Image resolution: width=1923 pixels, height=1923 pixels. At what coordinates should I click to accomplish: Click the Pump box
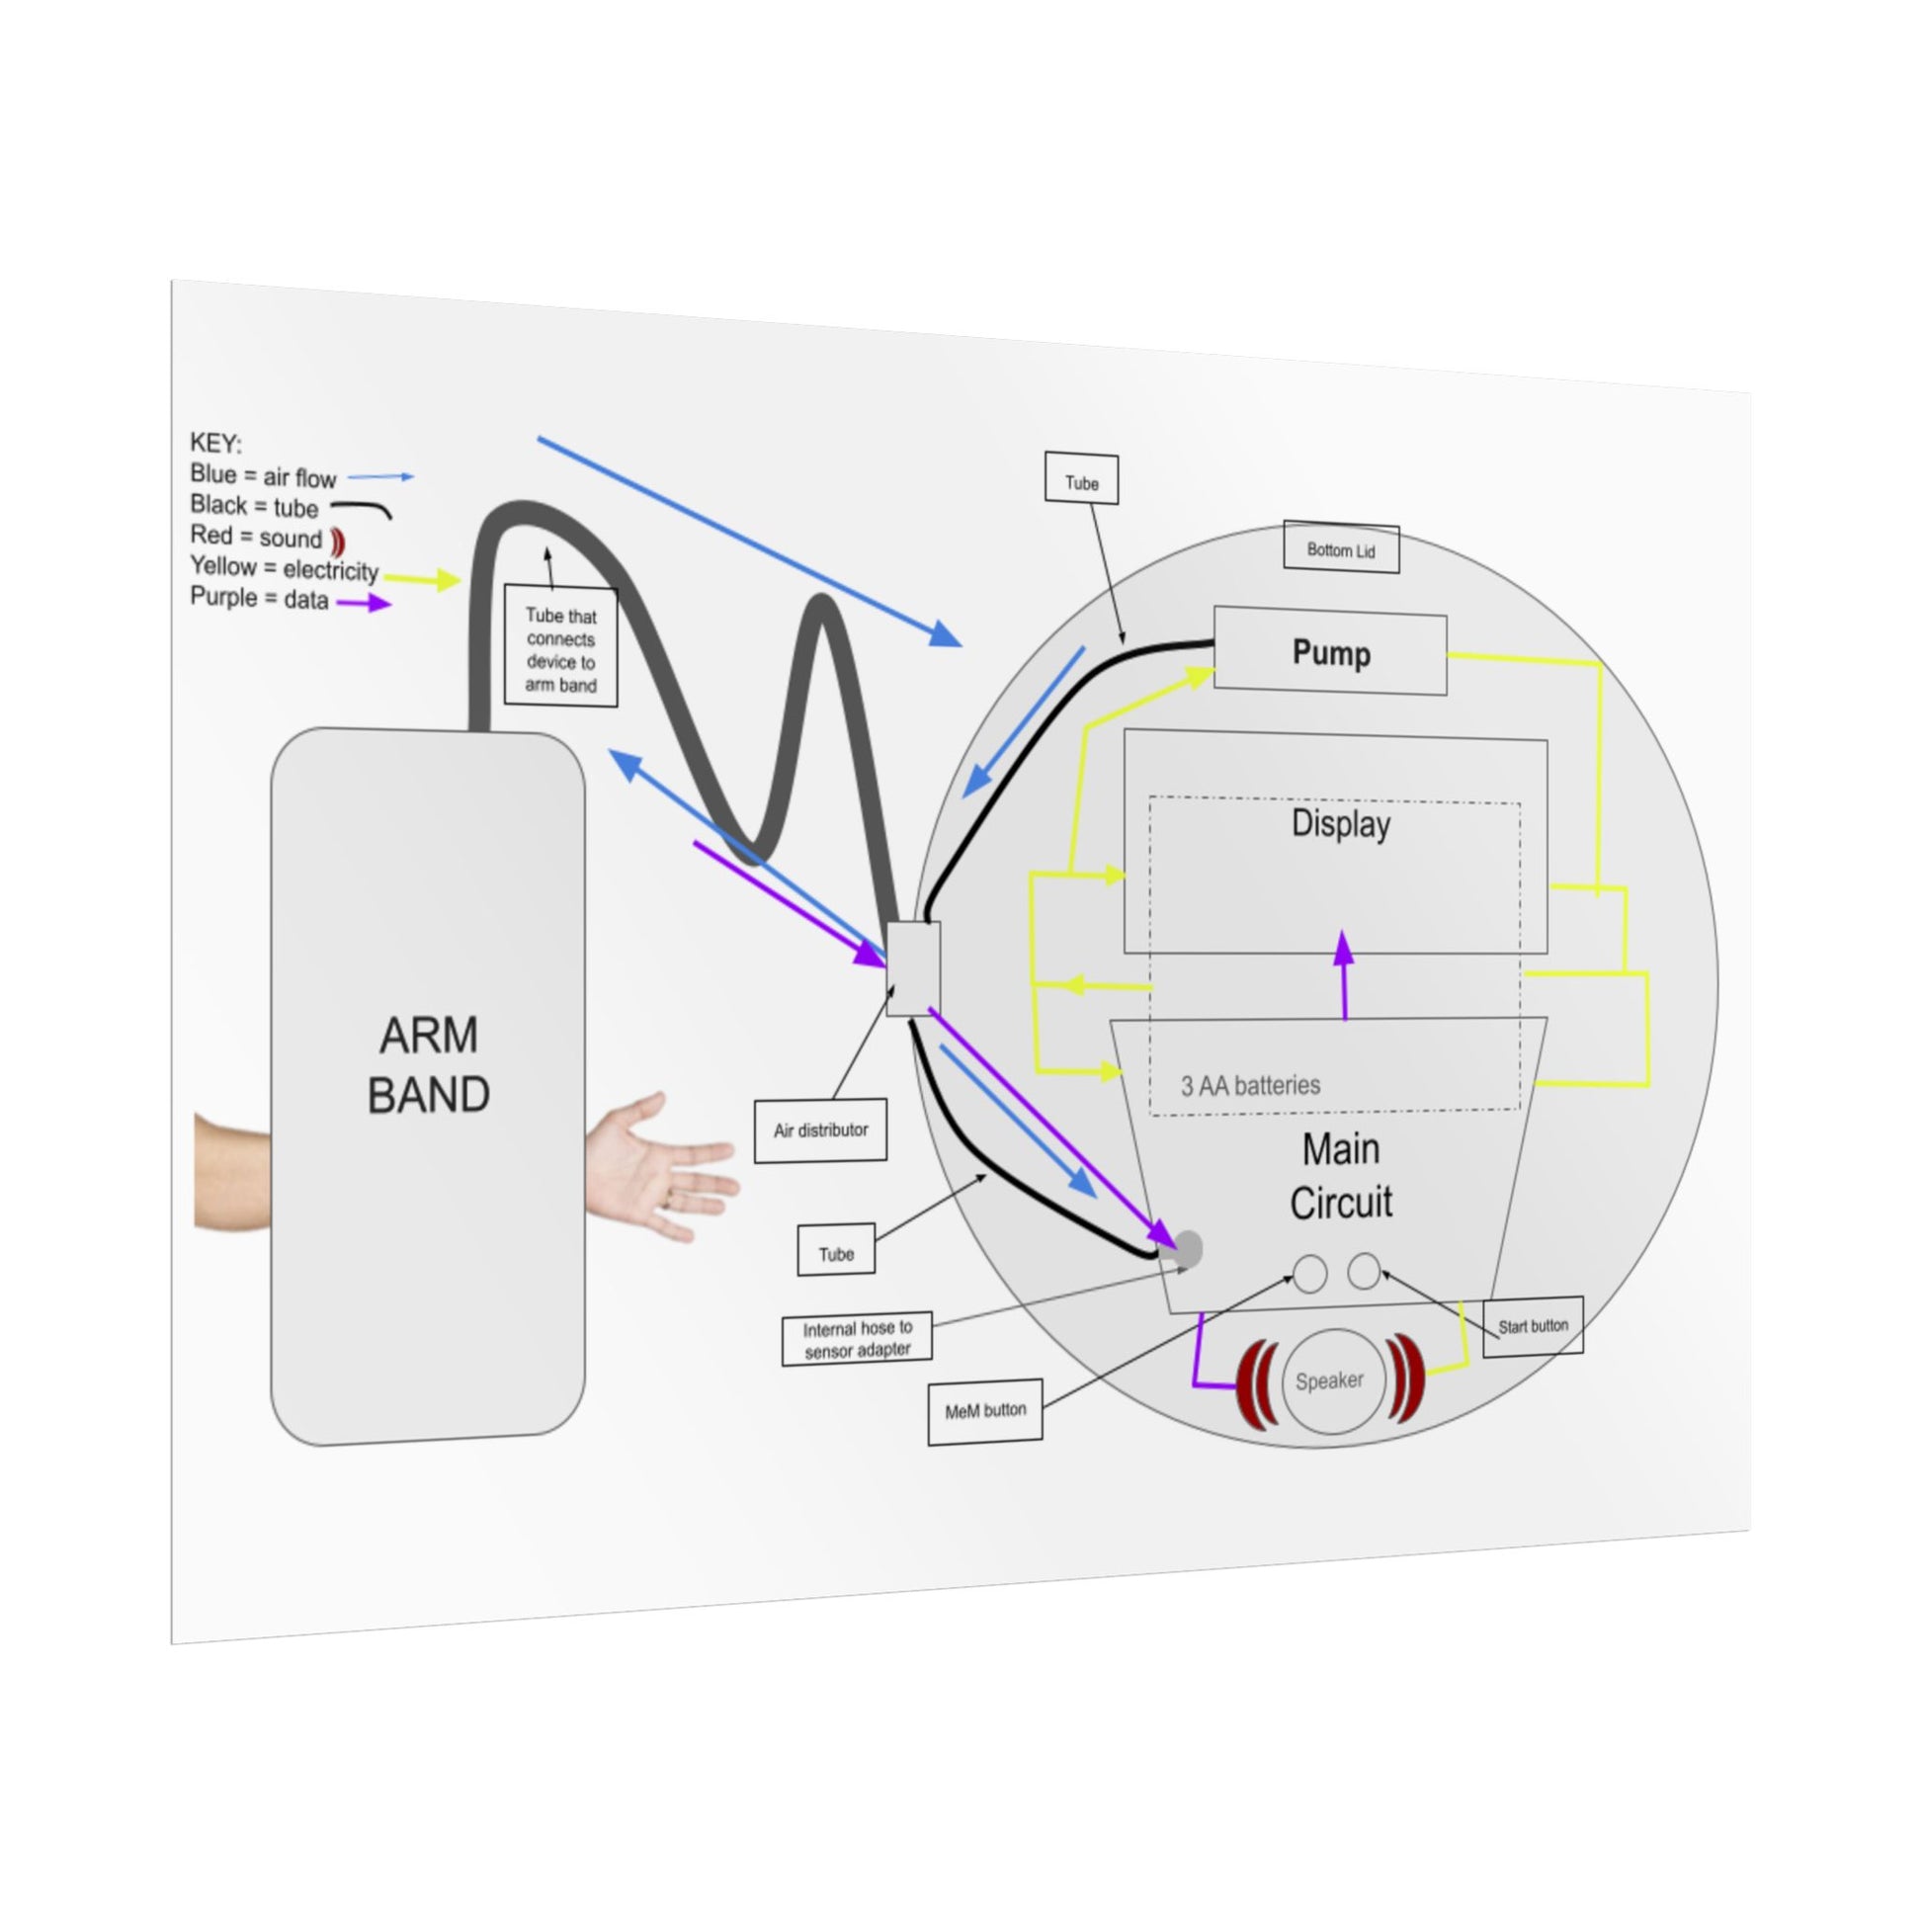click(1330, 653)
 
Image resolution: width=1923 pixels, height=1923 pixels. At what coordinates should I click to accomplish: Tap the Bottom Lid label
click(1341, 548)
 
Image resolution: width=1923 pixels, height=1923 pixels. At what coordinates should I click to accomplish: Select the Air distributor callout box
click(820, 1129)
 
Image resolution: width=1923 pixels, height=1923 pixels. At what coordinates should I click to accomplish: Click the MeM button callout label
click(984, 1410)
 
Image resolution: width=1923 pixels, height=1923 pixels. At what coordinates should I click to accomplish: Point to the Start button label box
click(1532, 1326)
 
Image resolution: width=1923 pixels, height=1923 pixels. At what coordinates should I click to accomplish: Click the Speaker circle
click(1333, 1381)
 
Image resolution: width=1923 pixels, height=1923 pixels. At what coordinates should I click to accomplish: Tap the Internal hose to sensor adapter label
click(857, 1339)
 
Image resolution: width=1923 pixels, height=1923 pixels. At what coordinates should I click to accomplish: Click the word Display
click(1340, 824)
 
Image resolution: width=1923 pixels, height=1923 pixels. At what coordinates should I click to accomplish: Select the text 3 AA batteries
click(1250, 1085)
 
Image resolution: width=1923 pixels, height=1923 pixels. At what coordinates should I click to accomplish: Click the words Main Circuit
click(1341, 1176)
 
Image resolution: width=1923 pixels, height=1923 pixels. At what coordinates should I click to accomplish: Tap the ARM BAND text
click(428, 1065)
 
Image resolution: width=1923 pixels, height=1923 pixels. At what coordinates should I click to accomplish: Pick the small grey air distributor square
click(913, 968)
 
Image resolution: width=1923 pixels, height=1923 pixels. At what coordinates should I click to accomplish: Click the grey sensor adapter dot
click(1189, 1248)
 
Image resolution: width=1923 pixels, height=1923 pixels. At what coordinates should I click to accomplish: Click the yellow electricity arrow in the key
click(422, 579)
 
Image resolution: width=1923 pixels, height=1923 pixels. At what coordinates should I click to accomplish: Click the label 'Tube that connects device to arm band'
click(560, 649)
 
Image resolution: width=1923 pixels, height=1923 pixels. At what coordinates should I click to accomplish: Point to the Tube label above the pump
click(1081, 483)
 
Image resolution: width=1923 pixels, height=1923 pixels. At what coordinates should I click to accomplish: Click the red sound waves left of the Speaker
click(1257, 1383)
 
